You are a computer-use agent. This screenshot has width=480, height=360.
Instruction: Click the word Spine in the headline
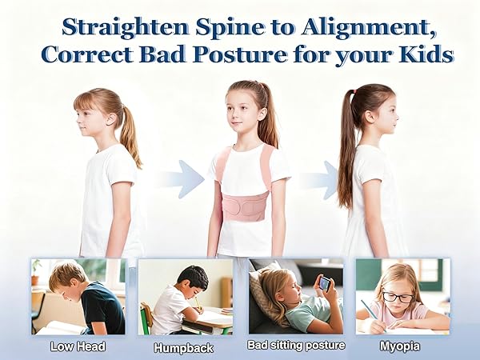click(220, 26)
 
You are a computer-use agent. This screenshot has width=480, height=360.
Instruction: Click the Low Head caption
click(78, 346)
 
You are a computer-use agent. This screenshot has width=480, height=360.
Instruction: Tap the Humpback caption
click(185, 347)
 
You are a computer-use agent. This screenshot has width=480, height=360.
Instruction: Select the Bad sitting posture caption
click(296, 346)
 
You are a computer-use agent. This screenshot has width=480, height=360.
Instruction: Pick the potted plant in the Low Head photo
click(37, 270)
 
